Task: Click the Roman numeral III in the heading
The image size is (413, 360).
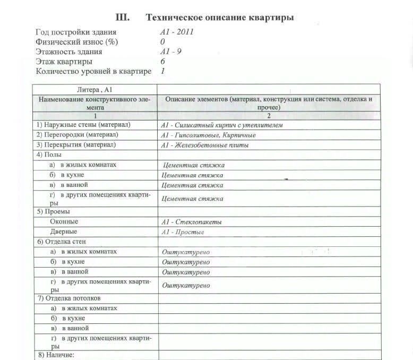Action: coord(122,18)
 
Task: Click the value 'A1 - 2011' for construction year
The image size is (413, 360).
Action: coord(177,32)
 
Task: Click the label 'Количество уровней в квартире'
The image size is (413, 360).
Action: coord(93,71)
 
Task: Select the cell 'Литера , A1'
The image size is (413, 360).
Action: coord(95,89)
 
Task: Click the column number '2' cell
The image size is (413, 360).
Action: coord(269,116)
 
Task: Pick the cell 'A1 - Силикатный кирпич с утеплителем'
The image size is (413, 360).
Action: coord(222,125)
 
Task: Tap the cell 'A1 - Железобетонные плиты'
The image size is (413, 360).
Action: coord(205,145)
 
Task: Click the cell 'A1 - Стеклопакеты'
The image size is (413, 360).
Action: coord(192,222)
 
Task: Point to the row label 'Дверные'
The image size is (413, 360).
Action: coord(64,232)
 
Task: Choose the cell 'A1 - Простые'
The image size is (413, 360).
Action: coord(183,232)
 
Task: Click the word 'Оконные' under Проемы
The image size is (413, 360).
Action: coord(64,221)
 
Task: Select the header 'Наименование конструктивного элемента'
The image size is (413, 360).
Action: coord(95,103)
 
